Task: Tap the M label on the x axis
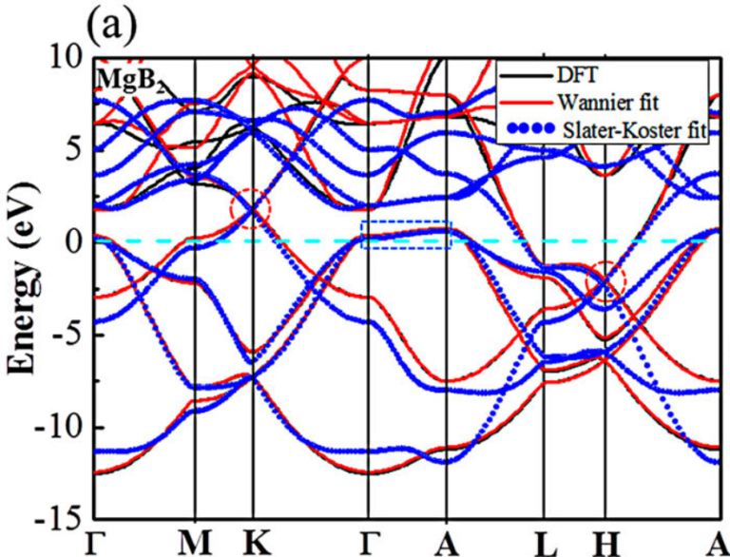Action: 195,544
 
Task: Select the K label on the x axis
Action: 253,544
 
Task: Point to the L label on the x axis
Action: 545,544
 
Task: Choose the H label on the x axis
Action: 605,544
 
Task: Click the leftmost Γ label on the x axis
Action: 97,544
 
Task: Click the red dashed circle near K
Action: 251,208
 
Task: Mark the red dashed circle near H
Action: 605,281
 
